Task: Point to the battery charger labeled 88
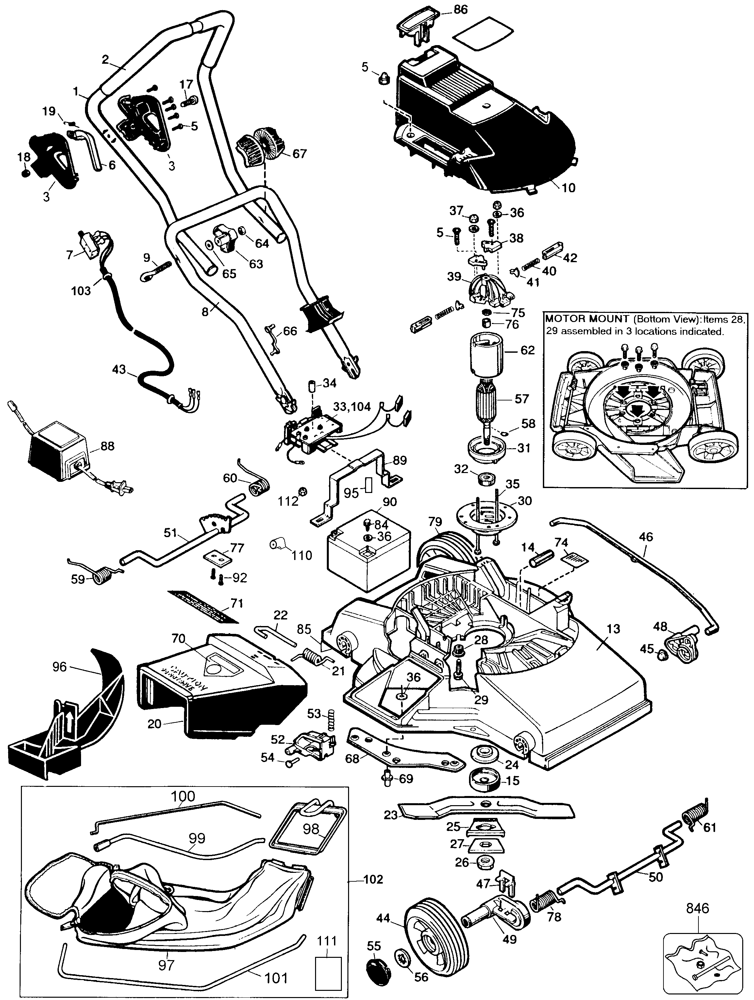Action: pos(59,452)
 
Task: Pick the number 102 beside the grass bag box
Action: pos(373,879)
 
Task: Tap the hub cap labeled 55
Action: pos(375,978)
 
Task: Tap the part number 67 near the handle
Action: pos(299,154)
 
